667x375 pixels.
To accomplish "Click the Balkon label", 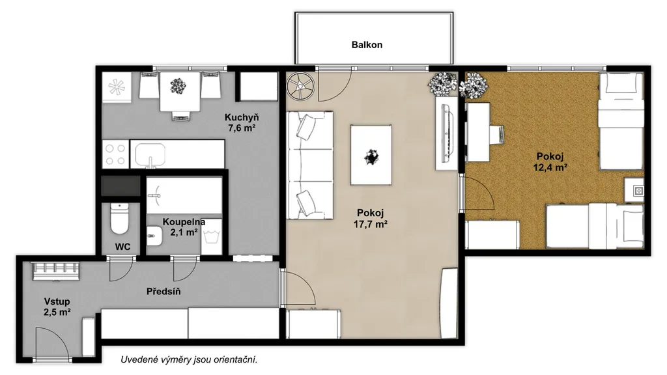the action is (x=367, y=45).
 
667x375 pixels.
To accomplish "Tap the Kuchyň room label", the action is (x=242, y=117).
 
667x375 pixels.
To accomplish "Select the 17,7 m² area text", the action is (x=371, y=224).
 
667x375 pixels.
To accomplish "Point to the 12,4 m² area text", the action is (x=550, y=167).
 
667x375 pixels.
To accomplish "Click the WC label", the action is (x=122, y=247).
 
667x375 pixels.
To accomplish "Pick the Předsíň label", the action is (x=163, y=291).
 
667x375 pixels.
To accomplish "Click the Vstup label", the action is (x=57, y=301).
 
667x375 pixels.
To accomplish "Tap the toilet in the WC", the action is (x=119, y=218).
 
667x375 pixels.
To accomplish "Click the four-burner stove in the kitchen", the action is (x=116, y=154).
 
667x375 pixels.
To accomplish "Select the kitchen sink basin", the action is (x=150, y=156).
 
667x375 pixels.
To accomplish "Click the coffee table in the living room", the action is (x=371, y=155).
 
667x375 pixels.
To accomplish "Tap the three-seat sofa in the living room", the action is (x=310, y=165).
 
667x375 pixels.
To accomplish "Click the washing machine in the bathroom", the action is (x=212, y=237).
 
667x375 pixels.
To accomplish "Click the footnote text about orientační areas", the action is (x=190, y=359).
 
